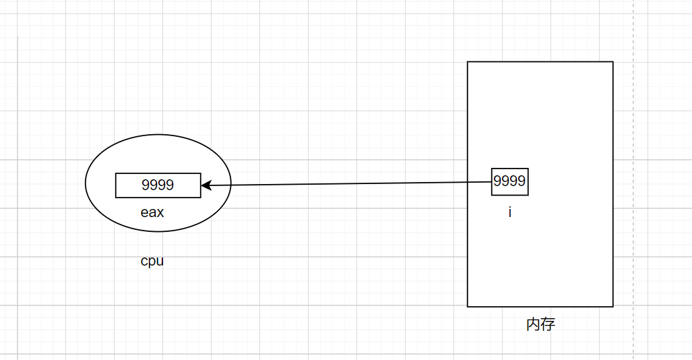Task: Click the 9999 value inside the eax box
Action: click(x=158, y=185)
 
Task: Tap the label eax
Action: click(x=152, y=212)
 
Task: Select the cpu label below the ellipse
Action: click(x=152, y=261)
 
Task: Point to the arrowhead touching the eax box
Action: click(x=205, y=185)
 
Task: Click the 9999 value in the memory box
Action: click(x=509, y=181)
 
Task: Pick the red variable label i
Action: click(x=509, y=212)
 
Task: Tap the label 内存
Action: click(x=540, y=324)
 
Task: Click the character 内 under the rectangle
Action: click(x=533, y=324)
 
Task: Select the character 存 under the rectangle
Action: click(x=548, y=324)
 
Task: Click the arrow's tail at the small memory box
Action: click(x=491, y=182)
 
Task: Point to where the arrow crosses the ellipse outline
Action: click(x=231, y=185)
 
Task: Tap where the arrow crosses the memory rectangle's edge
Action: click(x=468, y=182)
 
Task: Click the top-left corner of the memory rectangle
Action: click(x=468, y=62)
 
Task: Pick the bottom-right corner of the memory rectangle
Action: click(x=612, y=306)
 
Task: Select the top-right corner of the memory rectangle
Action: click(x=612, y=62)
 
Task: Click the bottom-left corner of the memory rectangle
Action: click(x=468, y=306)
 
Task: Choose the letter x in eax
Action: click(x=160, y=212)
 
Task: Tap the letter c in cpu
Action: click(x=144, y=261)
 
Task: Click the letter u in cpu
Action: click(x=160, y=261)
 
